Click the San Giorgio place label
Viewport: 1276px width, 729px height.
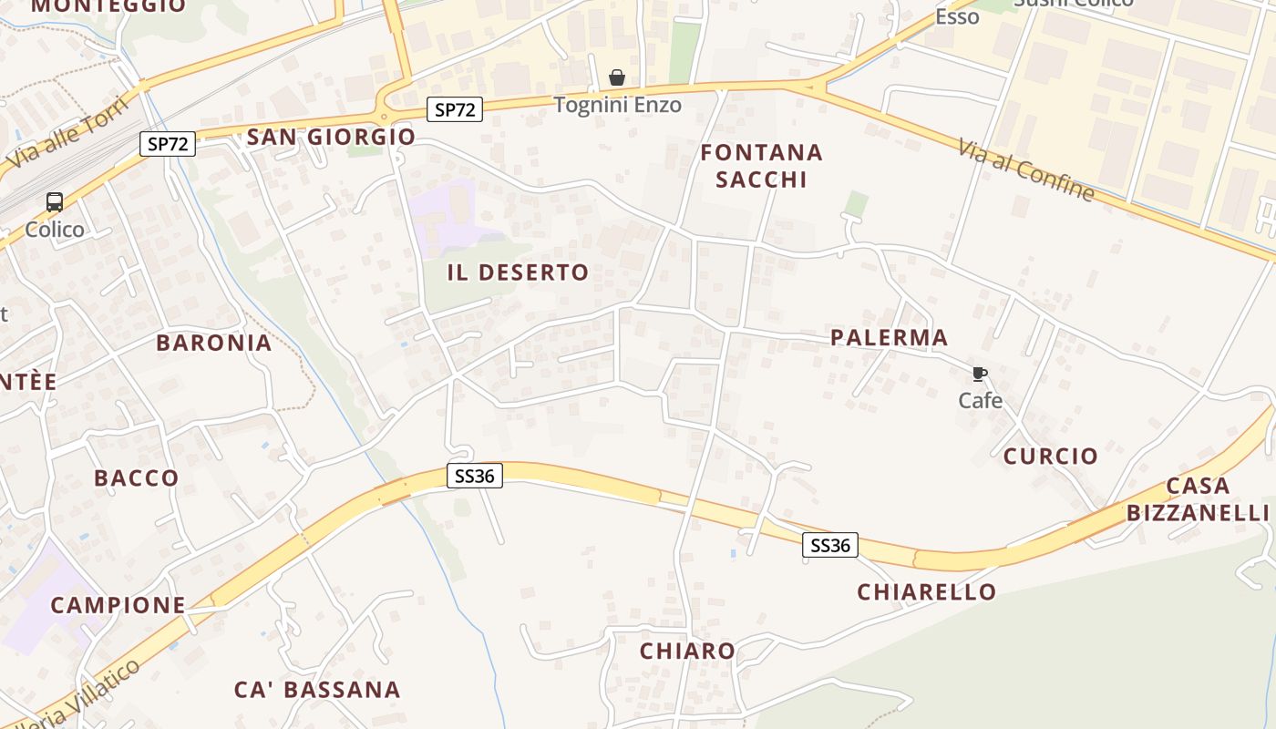[331, 137]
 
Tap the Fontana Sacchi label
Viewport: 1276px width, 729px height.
[761, 165]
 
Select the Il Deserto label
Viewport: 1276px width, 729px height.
[518, 272]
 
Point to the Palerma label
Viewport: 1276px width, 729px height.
[889, 337]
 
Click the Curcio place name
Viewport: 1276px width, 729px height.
[1051, 456]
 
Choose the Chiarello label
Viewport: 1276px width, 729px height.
[927, 591]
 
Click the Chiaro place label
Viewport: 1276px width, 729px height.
[687, 651]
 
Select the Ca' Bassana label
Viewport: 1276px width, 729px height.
[317, 689]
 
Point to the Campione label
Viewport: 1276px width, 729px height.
[118, 604]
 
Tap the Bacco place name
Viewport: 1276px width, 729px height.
[137, 477]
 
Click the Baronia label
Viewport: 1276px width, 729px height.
[213, 343]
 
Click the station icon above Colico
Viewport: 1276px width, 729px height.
[55, 202]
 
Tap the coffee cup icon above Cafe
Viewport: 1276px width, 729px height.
[980, 374]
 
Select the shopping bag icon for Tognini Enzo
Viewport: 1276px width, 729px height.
[617, 77]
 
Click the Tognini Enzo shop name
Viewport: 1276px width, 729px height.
[617, 105]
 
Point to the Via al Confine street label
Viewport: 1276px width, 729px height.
[1025, 169]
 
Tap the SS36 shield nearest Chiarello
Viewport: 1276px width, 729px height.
[830, 545]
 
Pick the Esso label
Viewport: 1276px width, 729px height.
[957, 16]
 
